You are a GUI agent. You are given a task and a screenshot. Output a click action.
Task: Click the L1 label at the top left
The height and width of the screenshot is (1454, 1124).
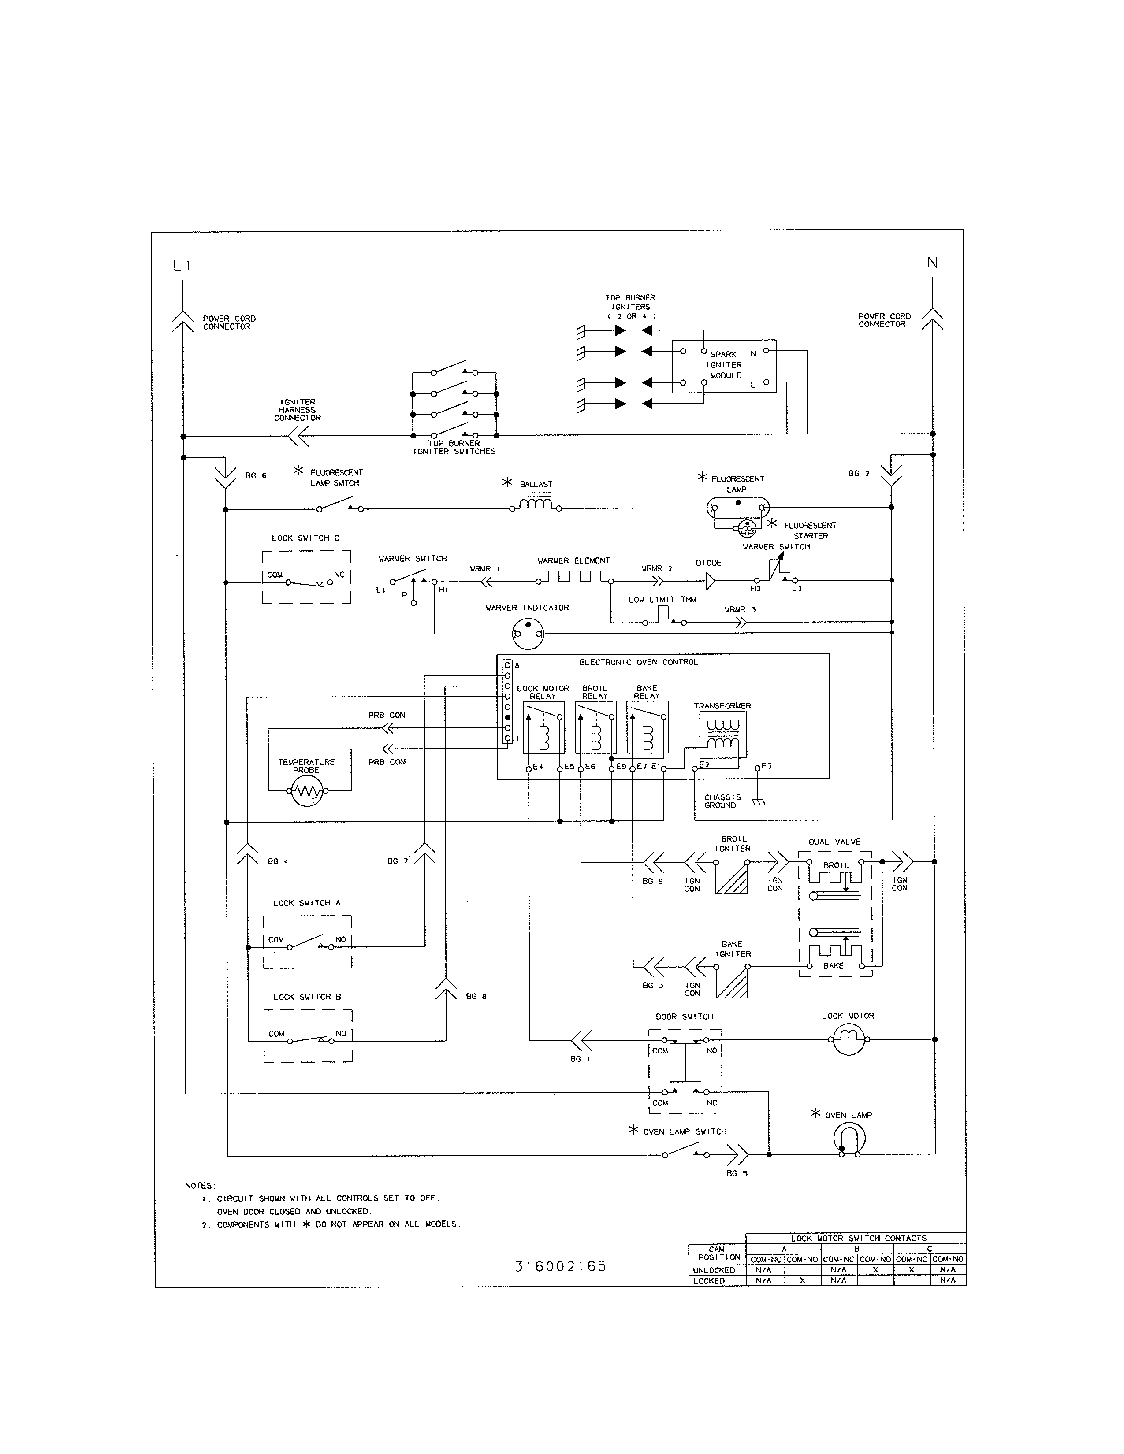pyautogui.click(x=182, y=266)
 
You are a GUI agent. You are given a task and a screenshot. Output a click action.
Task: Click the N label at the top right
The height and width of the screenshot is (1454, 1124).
pyautogui.click(x=932, y=263)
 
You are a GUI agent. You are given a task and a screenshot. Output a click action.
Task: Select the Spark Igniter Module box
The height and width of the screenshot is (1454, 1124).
pyautogui.click(x=725, y=366)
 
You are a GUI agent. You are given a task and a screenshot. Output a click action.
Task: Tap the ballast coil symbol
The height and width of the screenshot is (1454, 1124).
pyautogui.click(x=536, y=505)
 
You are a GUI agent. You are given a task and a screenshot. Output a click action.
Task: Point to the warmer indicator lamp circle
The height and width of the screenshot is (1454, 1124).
pyautogui.click(x=528, y=633)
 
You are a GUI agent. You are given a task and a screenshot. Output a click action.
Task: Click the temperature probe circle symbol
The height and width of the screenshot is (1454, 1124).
pyautogui.click(x=307, y=791)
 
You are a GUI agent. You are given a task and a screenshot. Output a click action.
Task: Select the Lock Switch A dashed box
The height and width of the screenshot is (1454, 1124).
pyautogui.click(x=308, y=942)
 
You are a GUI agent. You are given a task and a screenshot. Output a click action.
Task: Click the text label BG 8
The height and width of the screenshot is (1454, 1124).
pyautogui.click(x=476, y=997)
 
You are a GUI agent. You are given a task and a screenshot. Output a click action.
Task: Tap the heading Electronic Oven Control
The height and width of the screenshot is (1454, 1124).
pyautogui.click(x=638, y=662)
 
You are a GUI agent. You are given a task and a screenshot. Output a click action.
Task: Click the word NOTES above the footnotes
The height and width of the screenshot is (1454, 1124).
pyautogui.click(x=200, y=1186)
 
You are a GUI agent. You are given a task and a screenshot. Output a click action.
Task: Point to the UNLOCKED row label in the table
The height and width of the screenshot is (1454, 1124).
pyautogui.click(x=714, y=1270)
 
